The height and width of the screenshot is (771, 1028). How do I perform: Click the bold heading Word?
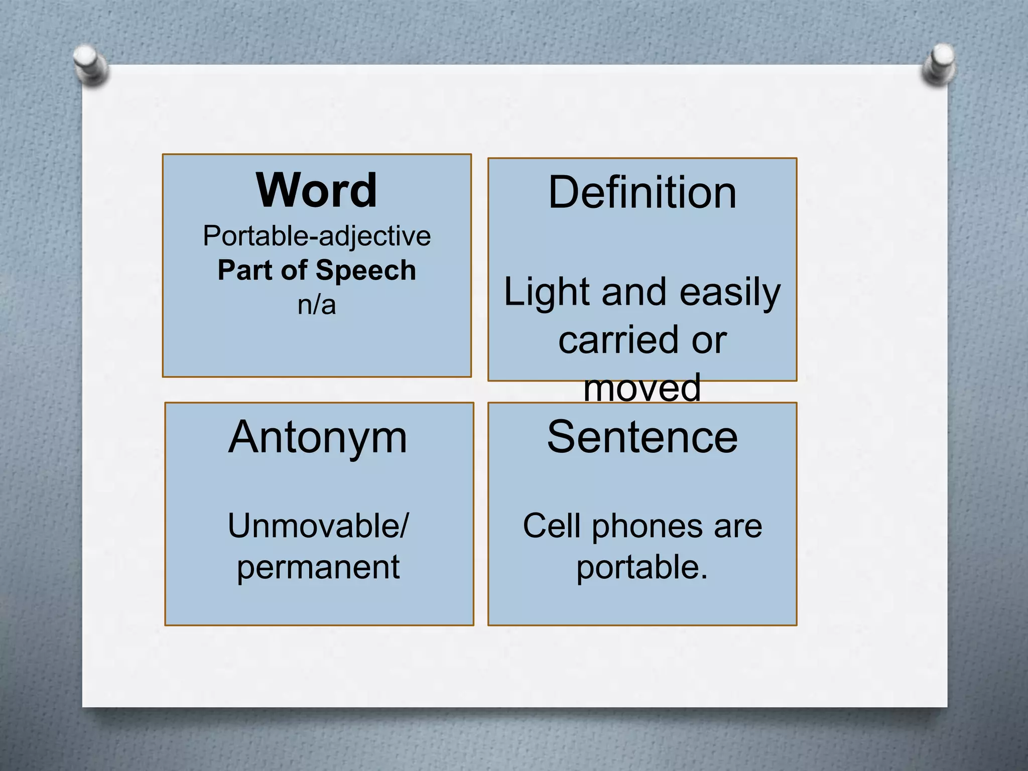316,191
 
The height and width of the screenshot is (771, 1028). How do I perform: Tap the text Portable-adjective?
317,236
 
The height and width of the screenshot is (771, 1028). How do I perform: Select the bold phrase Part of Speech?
317,271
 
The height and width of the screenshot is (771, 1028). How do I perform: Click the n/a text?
316,305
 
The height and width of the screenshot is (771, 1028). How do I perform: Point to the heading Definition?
642,193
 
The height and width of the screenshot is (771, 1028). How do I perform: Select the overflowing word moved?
642,388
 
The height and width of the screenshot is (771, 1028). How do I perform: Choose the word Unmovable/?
318,526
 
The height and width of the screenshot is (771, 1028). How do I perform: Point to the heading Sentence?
642,437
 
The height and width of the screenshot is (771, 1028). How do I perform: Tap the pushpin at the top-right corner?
940,64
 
